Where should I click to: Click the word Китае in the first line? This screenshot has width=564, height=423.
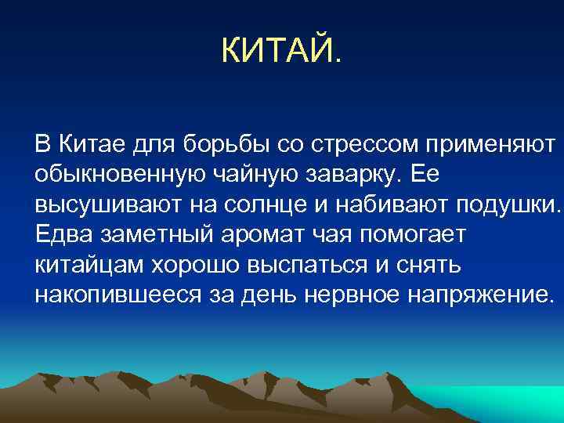[81, 145]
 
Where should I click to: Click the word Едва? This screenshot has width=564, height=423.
[60, 235]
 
